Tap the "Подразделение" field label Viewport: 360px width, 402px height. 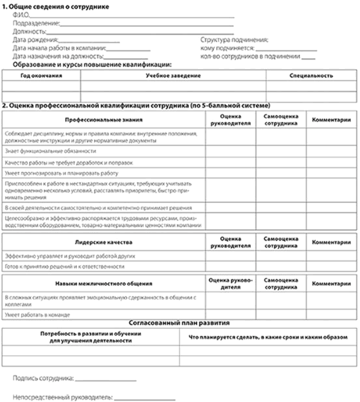(35, 24)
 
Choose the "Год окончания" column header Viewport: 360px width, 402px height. (41, 76)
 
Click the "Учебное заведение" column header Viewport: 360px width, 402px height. (173, 76)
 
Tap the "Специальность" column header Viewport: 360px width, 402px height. (312, 76)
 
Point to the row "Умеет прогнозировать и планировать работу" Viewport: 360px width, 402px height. (61, 173)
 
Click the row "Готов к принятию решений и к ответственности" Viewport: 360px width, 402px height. (64, 266)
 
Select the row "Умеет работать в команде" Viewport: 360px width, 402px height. (37, 314)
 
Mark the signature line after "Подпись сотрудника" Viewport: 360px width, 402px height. (107, 379)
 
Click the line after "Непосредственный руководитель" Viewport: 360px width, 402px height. (145, 399)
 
